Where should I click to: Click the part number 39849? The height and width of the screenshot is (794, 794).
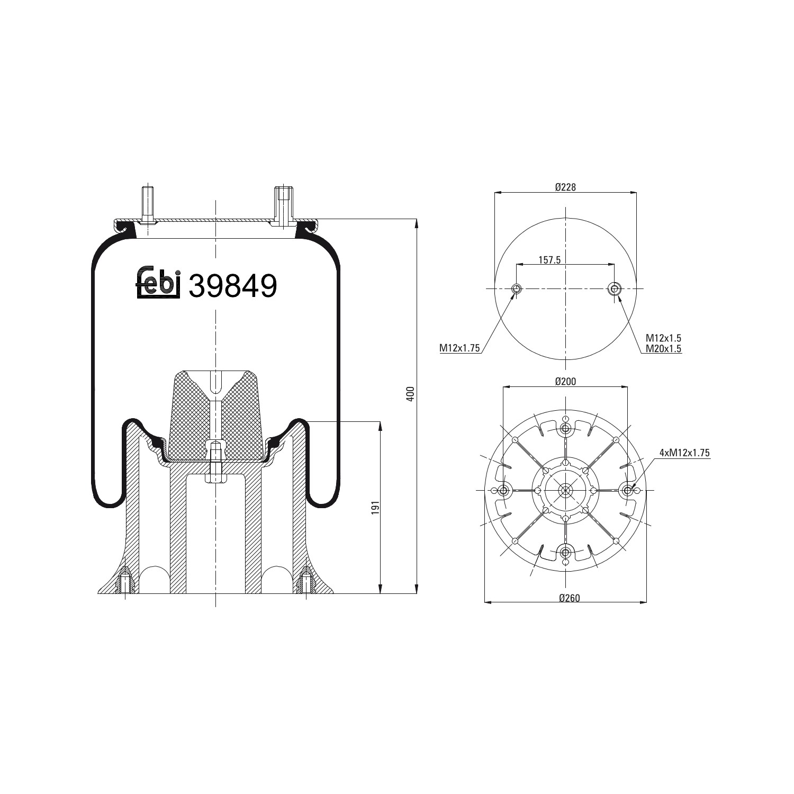pos(233,286)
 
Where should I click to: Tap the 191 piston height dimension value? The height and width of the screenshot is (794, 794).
pos(375,507)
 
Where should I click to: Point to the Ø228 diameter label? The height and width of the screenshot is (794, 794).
pos(565,187)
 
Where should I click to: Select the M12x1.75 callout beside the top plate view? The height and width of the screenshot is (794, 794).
pos(459,348)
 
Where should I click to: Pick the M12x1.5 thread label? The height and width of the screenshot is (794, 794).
pos(663,338)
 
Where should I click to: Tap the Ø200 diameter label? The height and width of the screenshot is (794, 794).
pos(565,381)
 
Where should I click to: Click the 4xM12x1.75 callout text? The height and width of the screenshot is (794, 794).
pos(684,453)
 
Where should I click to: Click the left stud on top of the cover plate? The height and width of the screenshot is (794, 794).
pos(147,204)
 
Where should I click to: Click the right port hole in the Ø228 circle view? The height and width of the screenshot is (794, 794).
pos(614,288)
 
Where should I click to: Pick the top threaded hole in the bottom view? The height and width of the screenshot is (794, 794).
pos(565,428)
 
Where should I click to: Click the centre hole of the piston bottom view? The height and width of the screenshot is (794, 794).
pos(565,490)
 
